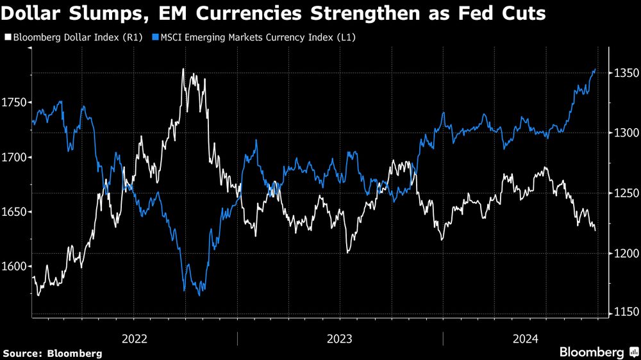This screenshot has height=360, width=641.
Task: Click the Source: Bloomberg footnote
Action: point(52,354)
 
